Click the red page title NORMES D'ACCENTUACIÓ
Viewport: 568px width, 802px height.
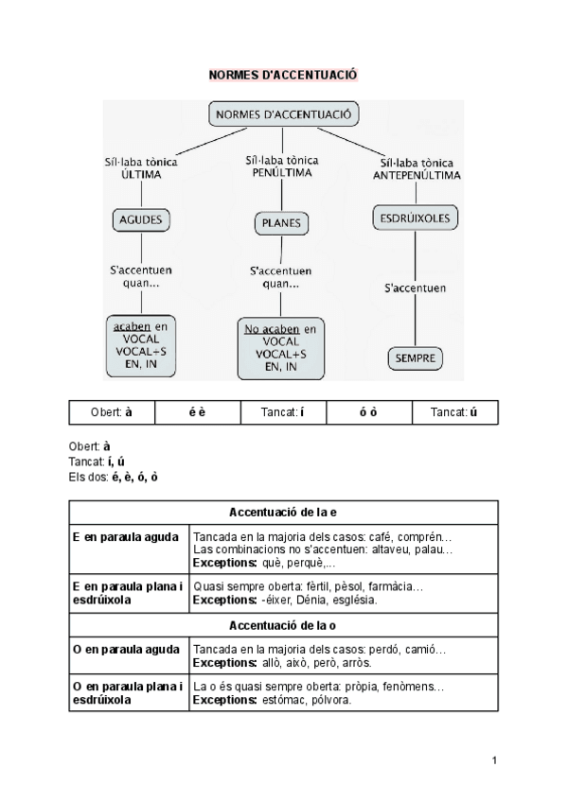click(283, 74)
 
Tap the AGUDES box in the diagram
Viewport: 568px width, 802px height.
click(142, 220)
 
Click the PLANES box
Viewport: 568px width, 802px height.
click(280, 223)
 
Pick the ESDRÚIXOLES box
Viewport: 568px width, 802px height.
click(414, 217)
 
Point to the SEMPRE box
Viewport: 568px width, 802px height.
click(414, 358)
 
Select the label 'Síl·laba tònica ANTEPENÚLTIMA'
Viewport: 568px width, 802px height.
click(417, 169)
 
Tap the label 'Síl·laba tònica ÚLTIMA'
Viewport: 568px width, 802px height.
click(142, 168)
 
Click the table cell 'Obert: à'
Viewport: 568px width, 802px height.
click(112, 413)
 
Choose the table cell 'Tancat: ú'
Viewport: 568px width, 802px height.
click(454, 413)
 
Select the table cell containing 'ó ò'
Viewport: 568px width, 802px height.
click(368, 413)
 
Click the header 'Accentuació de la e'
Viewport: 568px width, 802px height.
click(283, 512)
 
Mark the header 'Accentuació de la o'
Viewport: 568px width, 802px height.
click(283, 626)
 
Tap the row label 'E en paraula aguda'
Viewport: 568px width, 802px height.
click(126, 537)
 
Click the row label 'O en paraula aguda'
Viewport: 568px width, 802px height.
click(126, 650)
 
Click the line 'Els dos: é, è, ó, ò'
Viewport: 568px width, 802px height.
click(114, 476)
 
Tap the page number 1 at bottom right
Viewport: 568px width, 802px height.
click(494, 759)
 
